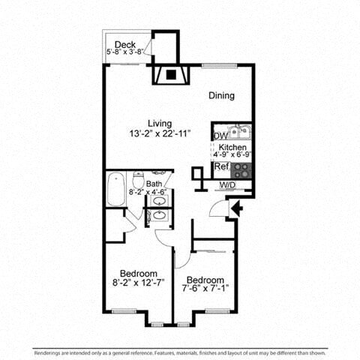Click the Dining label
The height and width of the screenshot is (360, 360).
pyautogui.click(x=222, y=96)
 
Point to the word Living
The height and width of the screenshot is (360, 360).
pyautogui.click(x=160, y=123)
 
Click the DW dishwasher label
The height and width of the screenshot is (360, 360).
pyautogui.click(x=219, y=136)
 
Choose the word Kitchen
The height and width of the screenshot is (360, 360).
pyautogui.click(x=232, y=148)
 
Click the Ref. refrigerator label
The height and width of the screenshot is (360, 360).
pyautogui.click(x=221, y=166)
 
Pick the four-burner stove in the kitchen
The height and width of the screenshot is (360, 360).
pyautogui.click(x=241, y=169)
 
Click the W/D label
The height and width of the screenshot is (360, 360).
pyautogui.click(x=227, y=184)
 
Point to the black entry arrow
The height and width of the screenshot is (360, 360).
pyautogui.click(x=235, y=207)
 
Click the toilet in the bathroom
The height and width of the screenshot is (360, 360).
pyautogui.click(x=138, y=181)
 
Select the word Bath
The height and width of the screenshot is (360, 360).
pyautogui.click(x=154, y=184)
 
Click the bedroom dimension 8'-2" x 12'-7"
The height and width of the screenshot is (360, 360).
pyautogui.click(x=138, y=283)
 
